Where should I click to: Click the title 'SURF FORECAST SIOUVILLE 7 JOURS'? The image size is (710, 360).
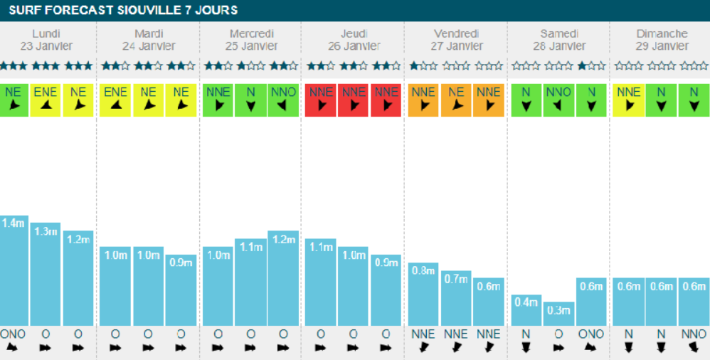coord(124,10)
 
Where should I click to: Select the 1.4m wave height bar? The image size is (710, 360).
coord(14,270)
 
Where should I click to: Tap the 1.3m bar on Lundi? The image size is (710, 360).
coord(46,274)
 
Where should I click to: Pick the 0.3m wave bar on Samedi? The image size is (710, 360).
coord(558,314)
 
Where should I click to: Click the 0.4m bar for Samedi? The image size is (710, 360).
coord(526,310)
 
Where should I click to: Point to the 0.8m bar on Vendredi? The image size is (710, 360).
coord(423,294)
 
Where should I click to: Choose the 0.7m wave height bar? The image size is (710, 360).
coord(455,297)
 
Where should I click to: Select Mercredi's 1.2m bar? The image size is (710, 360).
coord(283,277)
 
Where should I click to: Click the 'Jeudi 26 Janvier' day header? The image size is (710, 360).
coord(353,40)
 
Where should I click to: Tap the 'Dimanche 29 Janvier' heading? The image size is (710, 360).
coord(662,40)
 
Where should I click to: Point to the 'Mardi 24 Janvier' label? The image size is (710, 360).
coord(148,40)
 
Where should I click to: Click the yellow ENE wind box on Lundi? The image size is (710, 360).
coord(46,100)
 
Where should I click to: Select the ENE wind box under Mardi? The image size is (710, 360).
coord(115,100)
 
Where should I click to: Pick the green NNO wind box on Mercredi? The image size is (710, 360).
coord(283,100)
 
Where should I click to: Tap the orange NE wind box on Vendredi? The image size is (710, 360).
coord(455,100)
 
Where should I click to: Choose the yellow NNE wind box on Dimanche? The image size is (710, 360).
coord(629,100)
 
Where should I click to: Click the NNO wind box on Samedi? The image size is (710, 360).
coord(558,100)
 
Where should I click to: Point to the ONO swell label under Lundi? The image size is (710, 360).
coord(13,334)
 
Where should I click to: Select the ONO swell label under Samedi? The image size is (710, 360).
coord(590,334)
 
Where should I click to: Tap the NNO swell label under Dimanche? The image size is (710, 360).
coord(694,334)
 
